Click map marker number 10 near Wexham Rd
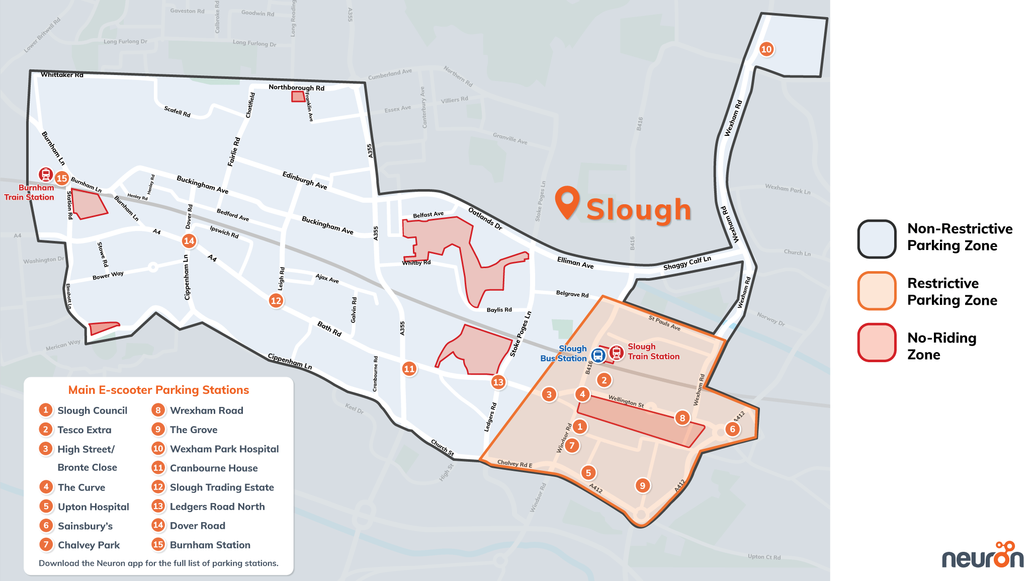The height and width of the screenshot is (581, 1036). point(766,49)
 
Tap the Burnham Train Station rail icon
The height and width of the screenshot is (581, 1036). point(46,175)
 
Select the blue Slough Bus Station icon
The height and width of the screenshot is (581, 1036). point(598,356)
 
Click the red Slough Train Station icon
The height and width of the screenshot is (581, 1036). point(616,353)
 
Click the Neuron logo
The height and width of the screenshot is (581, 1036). point(982,556)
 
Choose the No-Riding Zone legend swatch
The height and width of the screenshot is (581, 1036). point(877,343)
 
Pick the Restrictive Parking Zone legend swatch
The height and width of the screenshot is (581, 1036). point(877,291)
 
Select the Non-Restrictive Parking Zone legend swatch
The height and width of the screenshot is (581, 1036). point(877,239)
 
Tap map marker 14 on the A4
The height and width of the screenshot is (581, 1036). point(189,241)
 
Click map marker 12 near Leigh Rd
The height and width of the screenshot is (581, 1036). point(276,301)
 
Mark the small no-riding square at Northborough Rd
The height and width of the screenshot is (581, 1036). point(298,97)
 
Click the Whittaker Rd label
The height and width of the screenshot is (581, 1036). point(62,75)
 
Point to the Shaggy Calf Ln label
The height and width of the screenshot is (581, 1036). point(687,263)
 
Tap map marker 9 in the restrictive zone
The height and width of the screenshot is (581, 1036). point(642,485)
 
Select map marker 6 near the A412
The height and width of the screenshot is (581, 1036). point(732,429)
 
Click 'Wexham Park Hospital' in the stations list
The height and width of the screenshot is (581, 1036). point(224,449)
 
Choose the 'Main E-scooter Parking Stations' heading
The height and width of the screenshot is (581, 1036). point(158,390)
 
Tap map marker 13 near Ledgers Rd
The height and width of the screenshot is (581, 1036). point(498,382)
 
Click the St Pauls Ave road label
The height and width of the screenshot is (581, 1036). point(664,323)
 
